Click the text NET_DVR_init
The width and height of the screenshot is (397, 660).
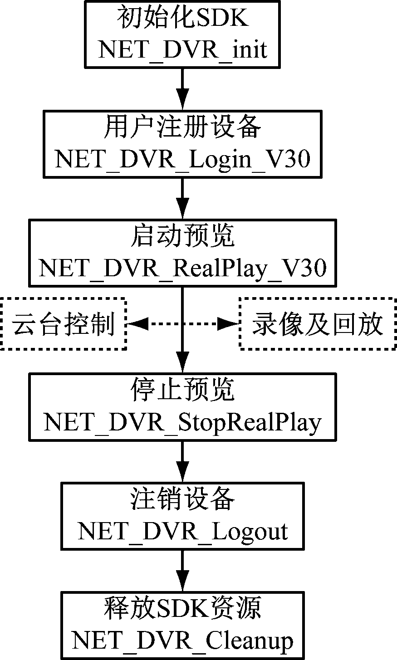[182, 49]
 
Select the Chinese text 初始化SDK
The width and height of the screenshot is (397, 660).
[182, 20]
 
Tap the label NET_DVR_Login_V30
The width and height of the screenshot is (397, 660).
[182, 159]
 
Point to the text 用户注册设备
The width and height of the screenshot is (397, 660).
[182, 127]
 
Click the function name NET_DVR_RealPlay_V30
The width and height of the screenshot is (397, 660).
[182, 268]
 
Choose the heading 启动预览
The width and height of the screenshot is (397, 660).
[182, 236]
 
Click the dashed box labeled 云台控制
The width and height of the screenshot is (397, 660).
[64, 324]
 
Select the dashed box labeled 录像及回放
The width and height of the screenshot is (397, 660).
[317, 324]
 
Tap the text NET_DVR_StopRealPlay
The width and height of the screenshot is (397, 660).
[182, 422]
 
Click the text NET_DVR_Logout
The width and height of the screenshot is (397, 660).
[182, 531]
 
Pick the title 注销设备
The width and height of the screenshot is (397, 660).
[182, 499]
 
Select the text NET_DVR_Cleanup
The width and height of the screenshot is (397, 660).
[182, 641]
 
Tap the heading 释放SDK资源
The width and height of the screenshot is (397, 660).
[182, 609]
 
